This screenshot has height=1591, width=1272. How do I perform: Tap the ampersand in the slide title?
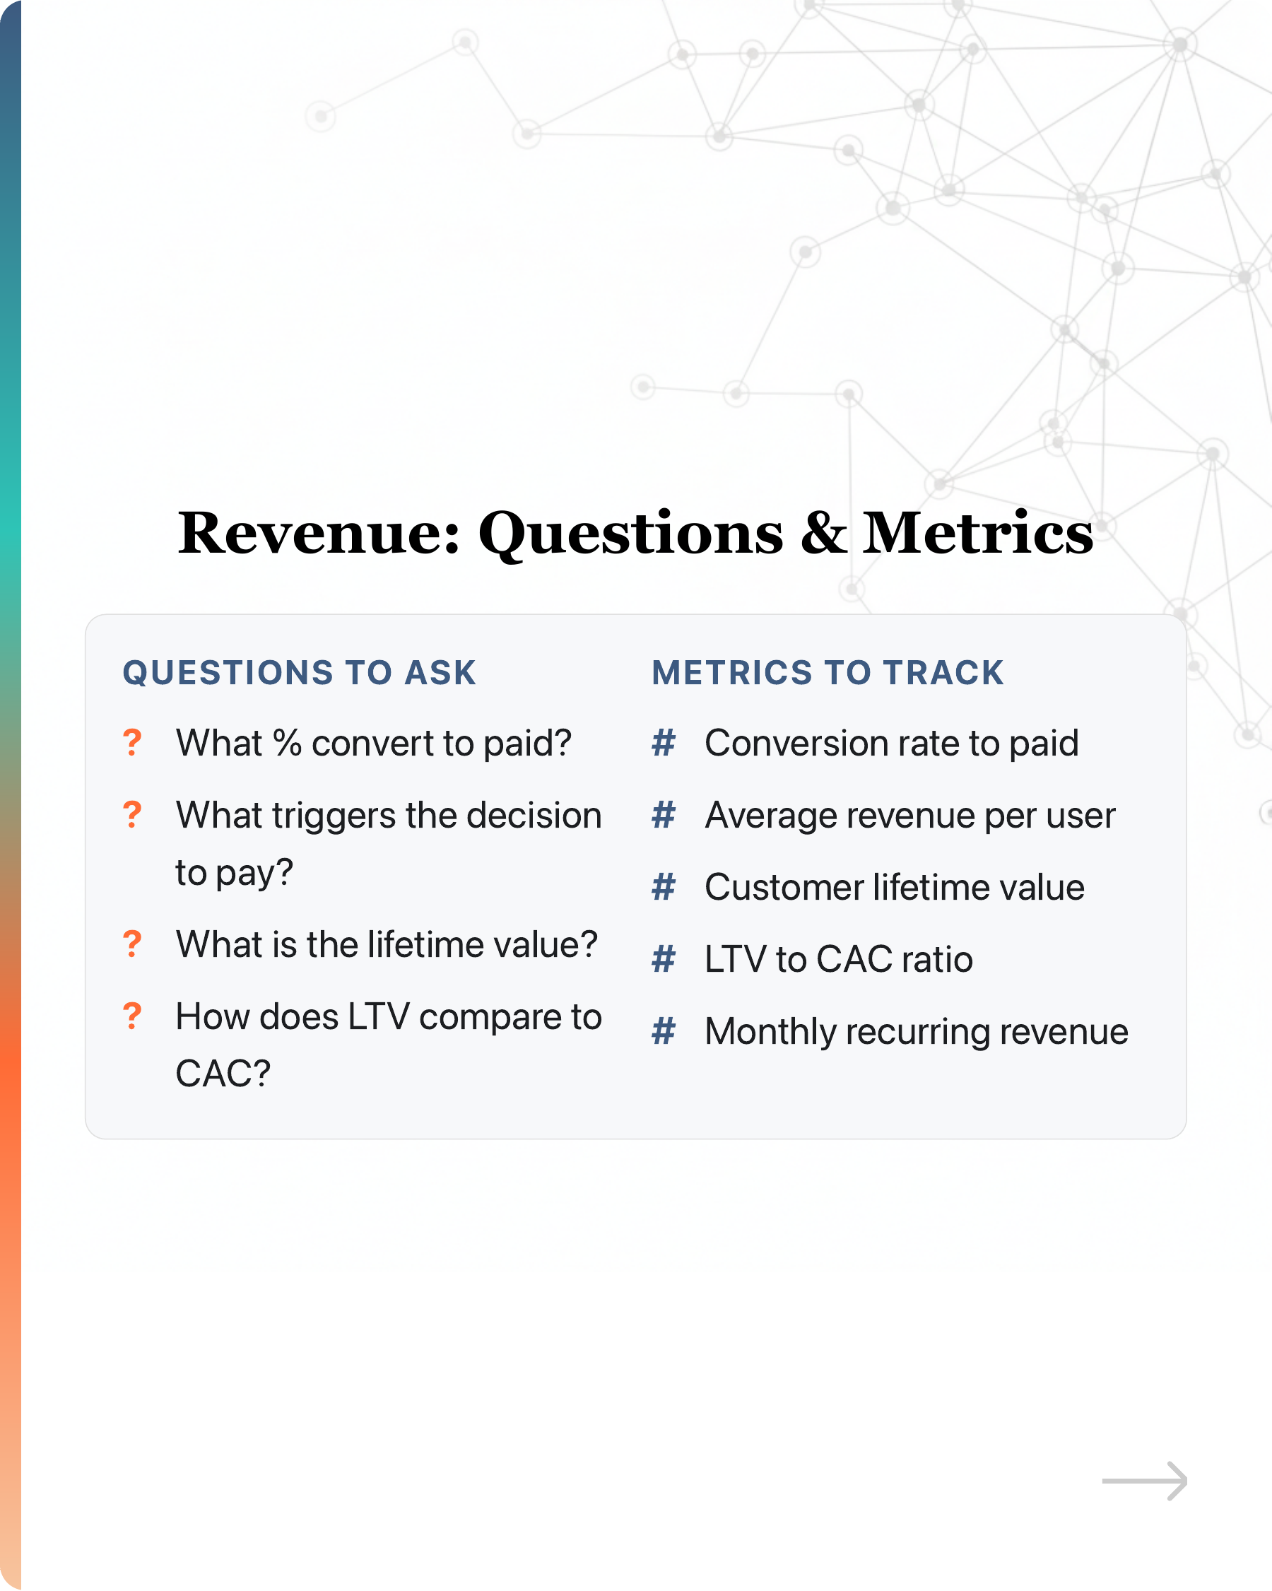(x=823, y=533)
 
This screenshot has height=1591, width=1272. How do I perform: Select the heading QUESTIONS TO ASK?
(x=300, y=673)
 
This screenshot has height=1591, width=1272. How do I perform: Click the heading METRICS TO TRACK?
(x=828, y=673)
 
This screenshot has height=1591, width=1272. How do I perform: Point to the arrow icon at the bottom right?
(x=1144, y=1480)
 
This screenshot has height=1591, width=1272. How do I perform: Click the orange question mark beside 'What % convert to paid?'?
(x=132, y=742)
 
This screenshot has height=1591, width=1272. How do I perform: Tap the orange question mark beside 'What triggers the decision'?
(x=132, y=815)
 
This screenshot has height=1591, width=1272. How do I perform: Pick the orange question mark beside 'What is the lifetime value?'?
(x=132, y=944)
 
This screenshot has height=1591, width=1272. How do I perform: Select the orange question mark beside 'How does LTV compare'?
(x=132, y=1016)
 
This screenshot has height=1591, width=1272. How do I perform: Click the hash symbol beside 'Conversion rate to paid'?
(x=664, y=743)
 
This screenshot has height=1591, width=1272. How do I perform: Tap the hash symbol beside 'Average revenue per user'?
(x=664, y=816)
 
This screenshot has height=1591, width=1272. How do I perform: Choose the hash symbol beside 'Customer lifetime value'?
(x=664, y=887)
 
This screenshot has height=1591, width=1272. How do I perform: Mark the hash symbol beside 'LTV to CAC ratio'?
(x=664, y=959)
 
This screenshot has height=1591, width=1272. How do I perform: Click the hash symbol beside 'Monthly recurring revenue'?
(x=664, y=1032)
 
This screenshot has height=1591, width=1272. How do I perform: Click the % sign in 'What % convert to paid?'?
(x=288, y=743)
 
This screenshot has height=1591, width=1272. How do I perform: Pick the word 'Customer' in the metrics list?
(x=784, y=887)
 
